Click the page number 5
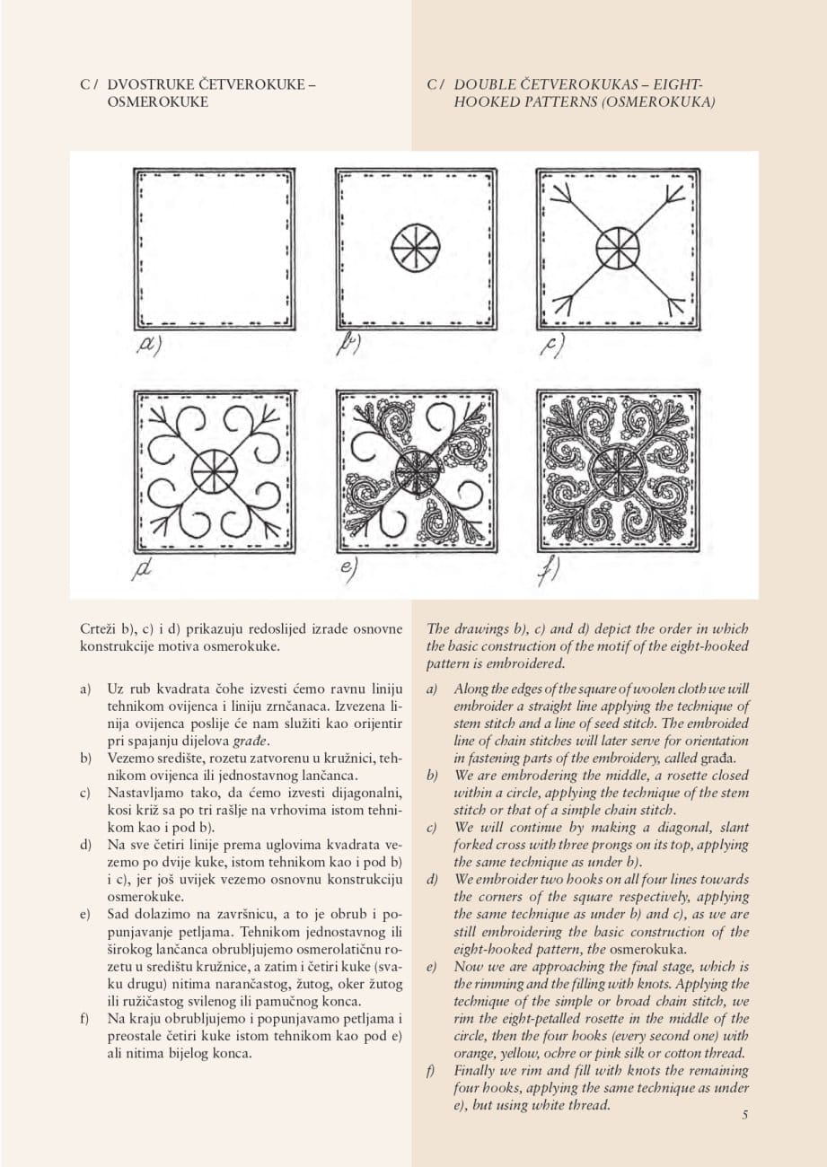[x=745, y=1116]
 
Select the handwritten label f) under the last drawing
[x=548, y=571]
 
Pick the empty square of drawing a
[x=214, y=247]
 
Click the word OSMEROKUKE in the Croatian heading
[x=157, y=102]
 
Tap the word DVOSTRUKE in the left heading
[x=145, y=85]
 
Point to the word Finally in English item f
[x=476, y=1071]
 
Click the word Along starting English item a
[x=471, y=689]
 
